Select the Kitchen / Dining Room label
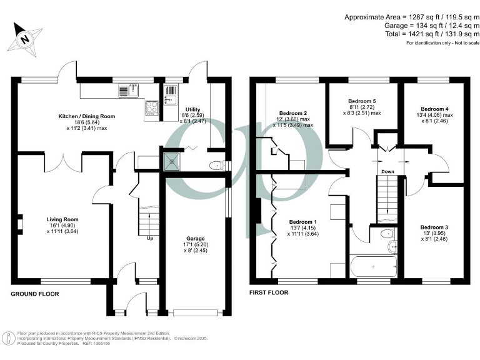(x=87, y=117)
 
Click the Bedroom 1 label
(x=302, y=222)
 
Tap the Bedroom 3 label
(x=434, y=227)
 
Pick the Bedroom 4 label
(x=434, y=108)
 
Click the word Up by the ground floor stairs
(x=149, y=239)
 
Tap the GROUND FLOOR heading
(x=35, y=293)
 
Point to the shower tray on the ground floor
(x=171, y=161)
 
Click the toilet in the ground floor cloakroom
(x=216, y=166)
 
